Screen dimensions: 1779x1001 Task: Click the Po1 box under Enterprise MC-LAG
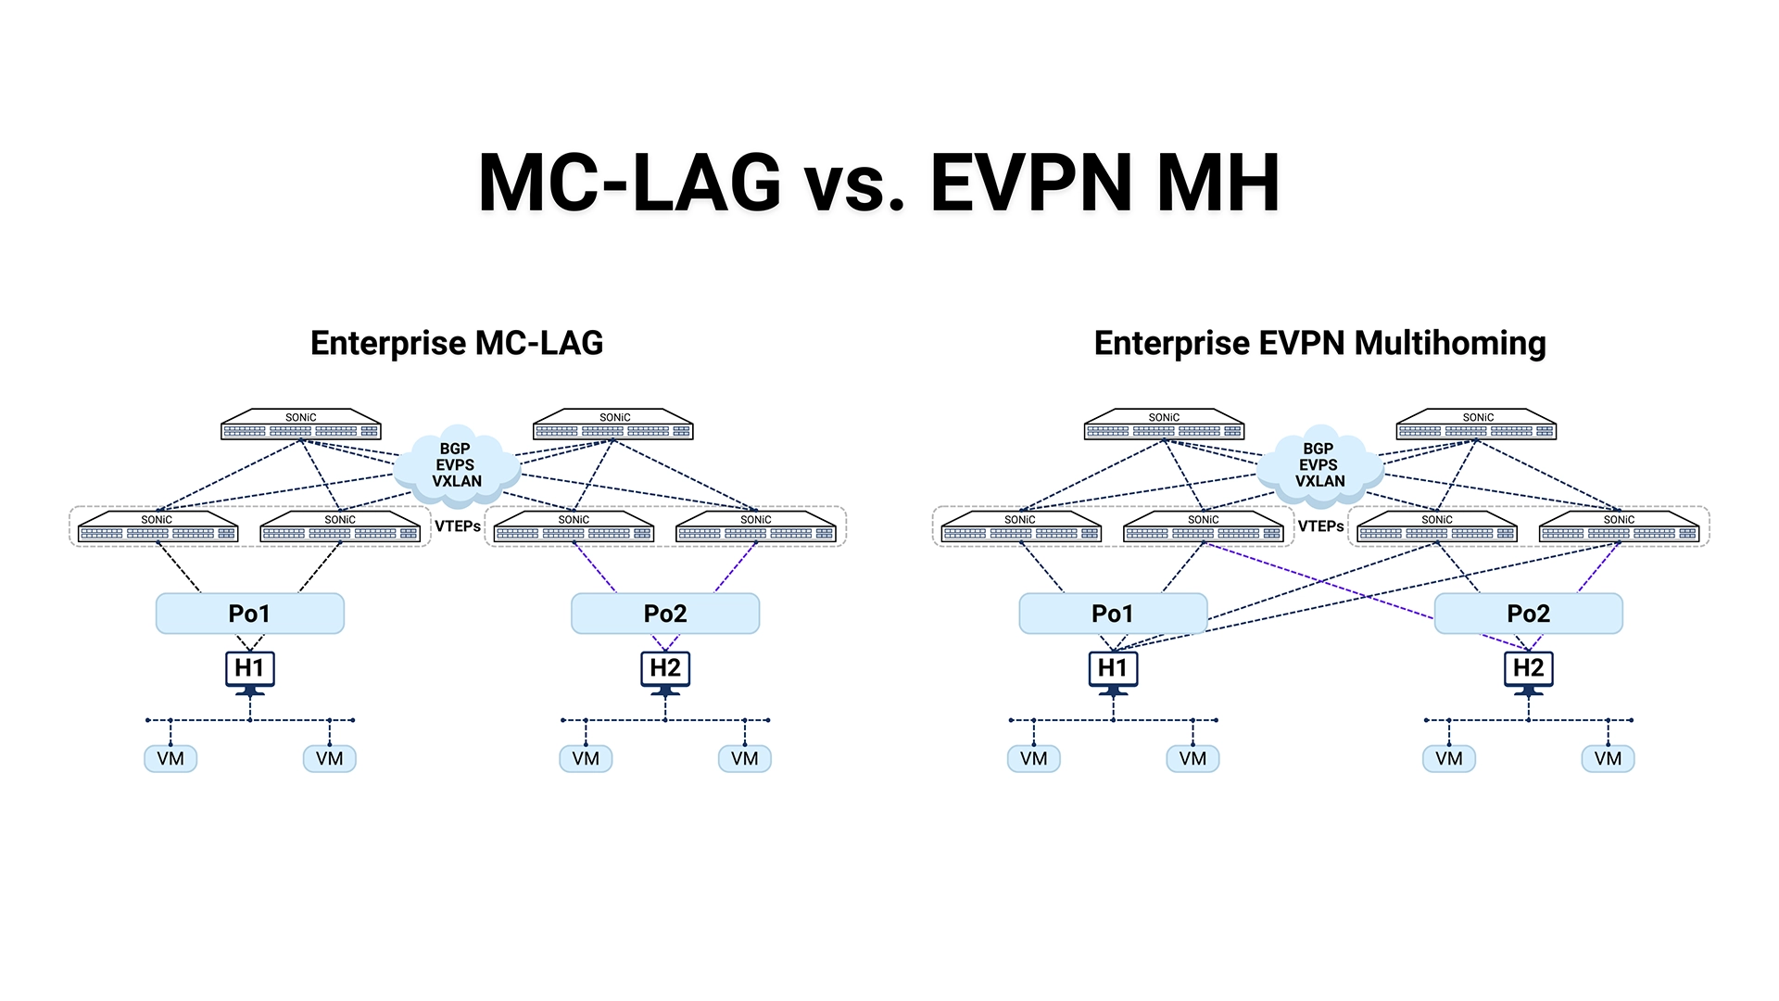pos(250,614)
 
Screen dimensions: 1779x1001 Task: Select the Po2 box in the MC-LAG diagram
pos(665,614)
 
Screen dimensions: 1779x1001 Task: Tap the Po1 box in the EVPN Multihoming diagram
pos(1113,614)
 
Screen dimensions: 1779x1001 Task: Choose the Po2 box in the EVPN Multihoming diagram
pos(1529,614)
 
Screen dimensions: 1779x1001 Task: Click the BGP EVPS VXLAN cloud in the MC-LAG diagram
pos(457,466)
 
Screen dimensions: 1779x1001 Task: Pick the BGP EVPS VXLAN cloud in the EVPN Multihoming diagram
pos(1319,466)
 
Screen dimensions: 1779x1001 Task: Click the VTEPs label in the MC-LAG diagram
pos(458,526)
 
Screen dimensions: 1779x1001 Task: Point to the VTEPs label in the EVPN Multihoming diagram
pos(1320,526)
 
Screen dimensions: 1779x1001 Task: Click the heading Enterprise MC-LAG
pos(457,343)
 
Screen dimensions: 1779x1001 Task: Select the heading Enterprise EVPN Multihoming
pos(1320,343)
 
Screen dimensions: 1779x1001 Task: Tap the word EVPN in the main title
pos(1032,183)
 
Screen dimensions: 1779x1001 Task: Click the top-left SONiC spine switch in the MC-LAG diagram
pos(301,425)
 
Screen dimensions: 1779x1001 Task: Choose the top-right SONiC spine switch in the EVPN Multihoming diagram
pos(1476,425)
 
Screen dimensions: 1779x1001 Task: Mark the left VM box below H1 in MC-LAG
pos(170,759)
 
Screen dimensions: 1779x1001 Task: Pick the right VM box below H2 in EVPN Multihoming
pos(1609,759)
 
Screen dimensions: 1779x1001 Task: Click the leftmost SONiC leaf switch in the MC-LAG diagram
pos(158,527)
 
